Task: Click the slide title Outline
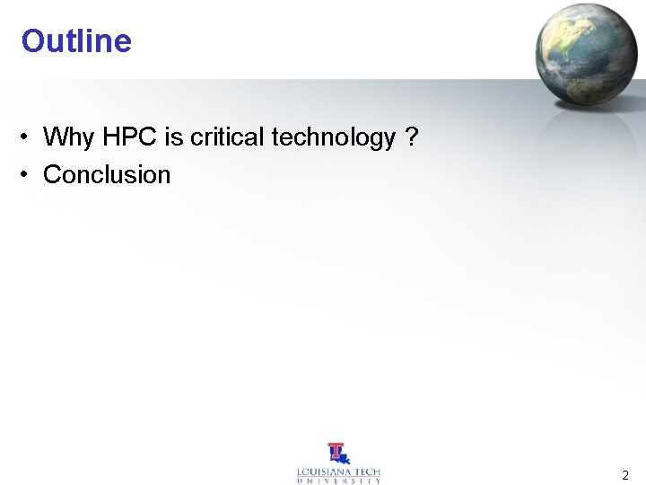[x=76, y=41]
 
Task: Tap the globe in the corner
[x=586, y=52]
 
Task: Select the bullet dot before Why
[x=29, y=137]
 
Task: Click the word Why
[x=68, y=137]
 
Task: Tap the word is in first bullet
[x=173, y=137]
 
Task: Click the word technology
[x=333, y=137]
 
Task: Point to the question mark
[x=412, y=137]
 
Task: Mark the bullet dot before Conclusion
[x=29, y=174]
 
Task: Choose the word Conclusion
[x=107, y=174]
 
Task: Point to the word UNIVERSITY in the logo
[x=339, y=481]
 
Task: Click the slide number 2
[x=625, y=475]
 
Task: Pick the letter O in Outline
[x=32, y=41]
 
